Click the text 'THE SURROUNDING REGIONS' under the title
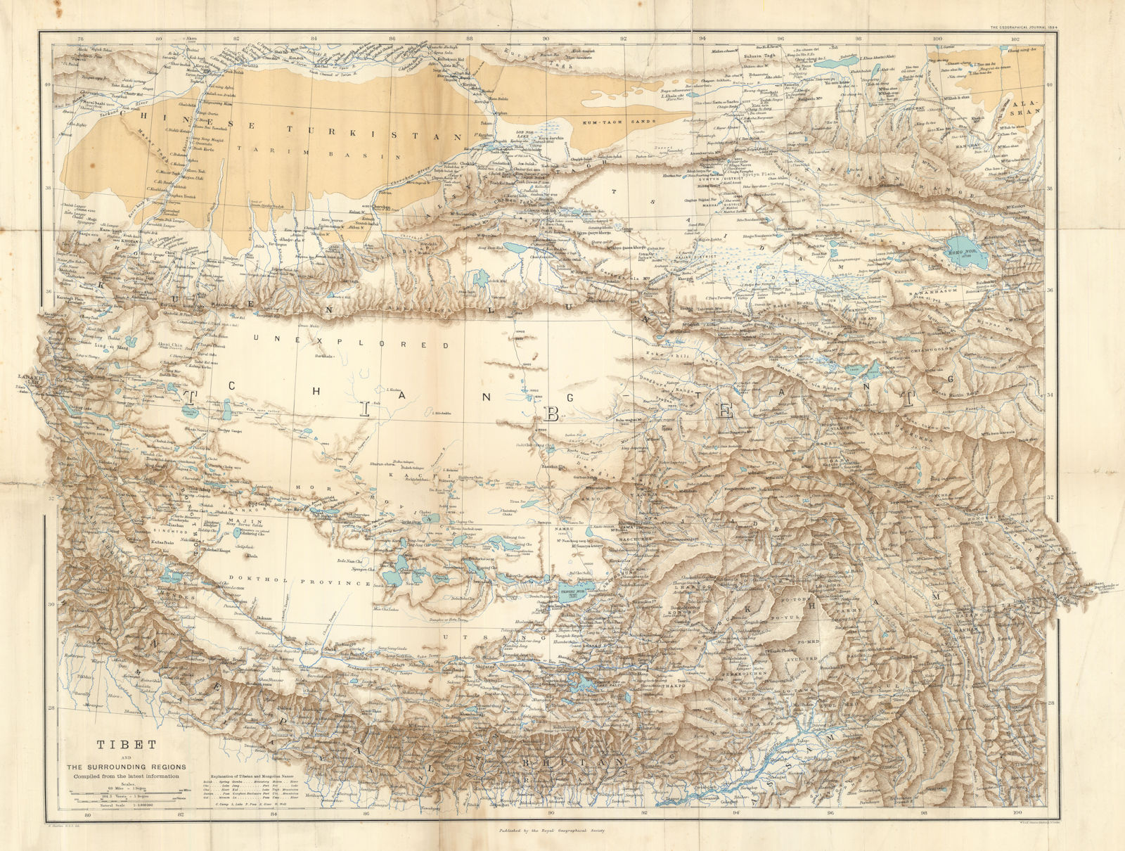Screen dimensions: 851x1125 pos(127,766)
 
